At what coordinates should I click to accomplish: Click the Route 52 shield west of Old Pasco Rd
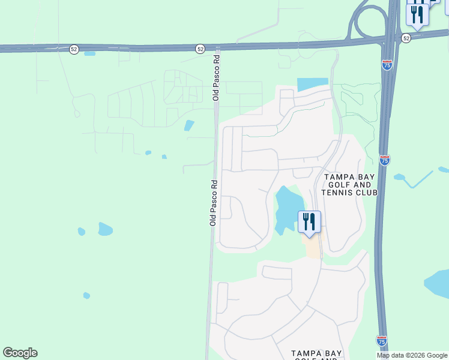point(74,49)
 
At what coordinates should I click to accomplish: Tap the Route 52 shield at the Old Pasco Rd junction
point(200,49)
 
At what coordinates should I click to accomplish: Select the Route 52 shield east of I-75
point(406,38)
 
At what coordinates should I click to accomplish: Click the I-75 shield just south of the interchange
point(387,65)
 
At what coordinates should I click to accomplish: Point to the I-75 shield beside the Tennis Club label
point(384,160)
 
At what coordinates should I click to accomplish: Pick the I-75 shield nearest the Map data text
point(381,340)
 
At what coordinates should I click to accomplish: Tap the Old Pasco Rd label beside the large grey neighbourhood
point(212,202)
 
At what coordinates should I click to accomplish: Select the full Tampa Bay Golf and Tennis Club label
point(349,185)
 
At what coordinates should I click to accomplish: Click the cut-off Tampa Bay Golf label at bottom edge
point(316,355)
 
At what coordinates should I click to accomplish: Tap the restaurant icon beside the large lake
point(309,221)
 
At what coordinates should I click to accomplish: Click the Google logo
point(20,353)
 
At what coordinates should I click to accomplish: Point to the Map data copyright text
point(412,355)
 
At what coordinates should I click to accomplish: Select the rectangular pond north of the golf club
point(312,85)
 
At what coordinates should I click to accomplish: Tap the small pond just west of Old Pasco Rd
point(190,125)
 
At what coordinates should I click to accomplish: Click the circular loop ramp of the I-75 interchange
point(367,22)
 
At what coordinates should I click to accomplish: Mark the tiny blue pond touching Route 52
point(90,53)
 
